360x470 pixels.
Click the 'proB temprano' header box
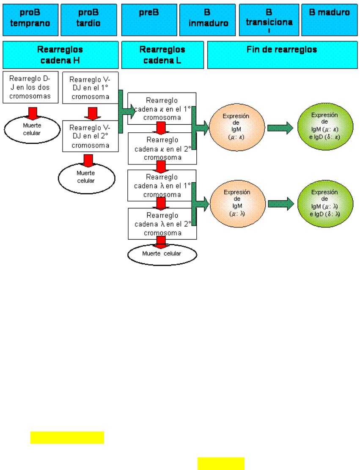tap(30, 20)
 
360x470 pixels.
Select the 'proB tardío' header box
tap(88, 20)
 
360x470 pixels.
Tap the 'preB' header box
tap(149, 20)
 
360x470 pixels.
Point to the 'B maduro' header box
tap(330, 20)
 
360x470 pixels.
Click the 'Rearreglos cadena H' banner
tap(60, 55)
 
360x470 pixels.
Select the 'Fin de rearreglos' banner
tap(281, 55)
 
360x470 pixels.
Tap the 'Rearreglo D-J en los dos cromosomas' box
tap(30, 87)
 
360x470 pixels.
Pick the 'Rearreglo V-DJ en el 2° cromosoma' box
tap(90, 136)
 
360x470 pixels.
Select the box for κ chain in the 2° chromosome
tap(162, 149)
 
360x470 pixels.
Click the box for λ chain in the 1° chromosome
tap(162, 186)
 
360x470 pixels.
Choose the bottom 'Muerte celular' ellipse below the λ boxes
tap(162, 254)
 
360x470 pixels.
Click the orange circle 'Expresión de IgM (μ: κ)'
tap(237, 127)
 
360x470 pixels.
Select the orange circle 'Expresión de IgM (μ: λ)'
tap(238, 203)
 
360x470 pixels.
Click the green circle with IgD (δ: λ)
tap(324, 203)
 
